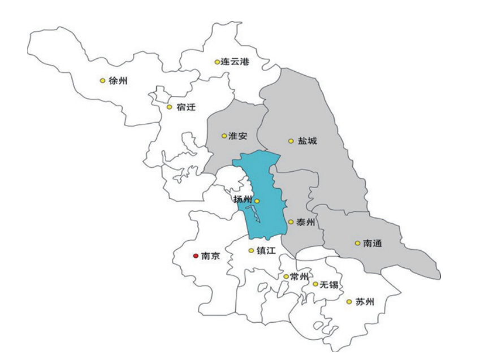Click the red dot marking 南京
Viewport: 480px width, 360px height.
(196, 256)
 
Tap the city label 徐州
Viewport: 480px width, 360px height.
(118, 81)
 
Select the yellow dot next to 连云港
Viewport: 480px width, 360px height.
(217, 62)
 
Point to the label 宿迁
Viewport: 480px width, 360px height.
(186, 107)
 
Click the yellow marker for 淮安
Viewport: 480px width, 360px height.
(224, 136)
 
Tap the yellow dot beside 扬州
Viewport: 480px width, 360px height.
(257, 201)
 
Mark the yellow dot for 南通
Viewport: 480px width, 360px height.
(357, 244)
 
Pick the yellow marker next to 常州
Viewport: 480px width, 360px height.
(286, 276)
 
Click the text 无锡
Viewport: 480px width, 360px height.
(329, 284)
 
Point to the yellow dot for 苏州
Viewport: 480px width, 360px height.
(349, 302)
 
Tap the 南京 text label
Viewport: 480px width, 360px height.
(210, 256)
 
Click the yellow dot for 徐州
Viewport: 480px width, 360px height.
(102, 81)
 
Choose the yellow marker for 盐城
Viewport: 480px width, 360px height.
(291, 141)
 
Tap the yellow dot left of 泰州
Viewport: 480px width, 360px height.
(291, 222)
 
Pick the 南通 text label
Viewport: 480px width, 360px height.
(373, 244)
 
